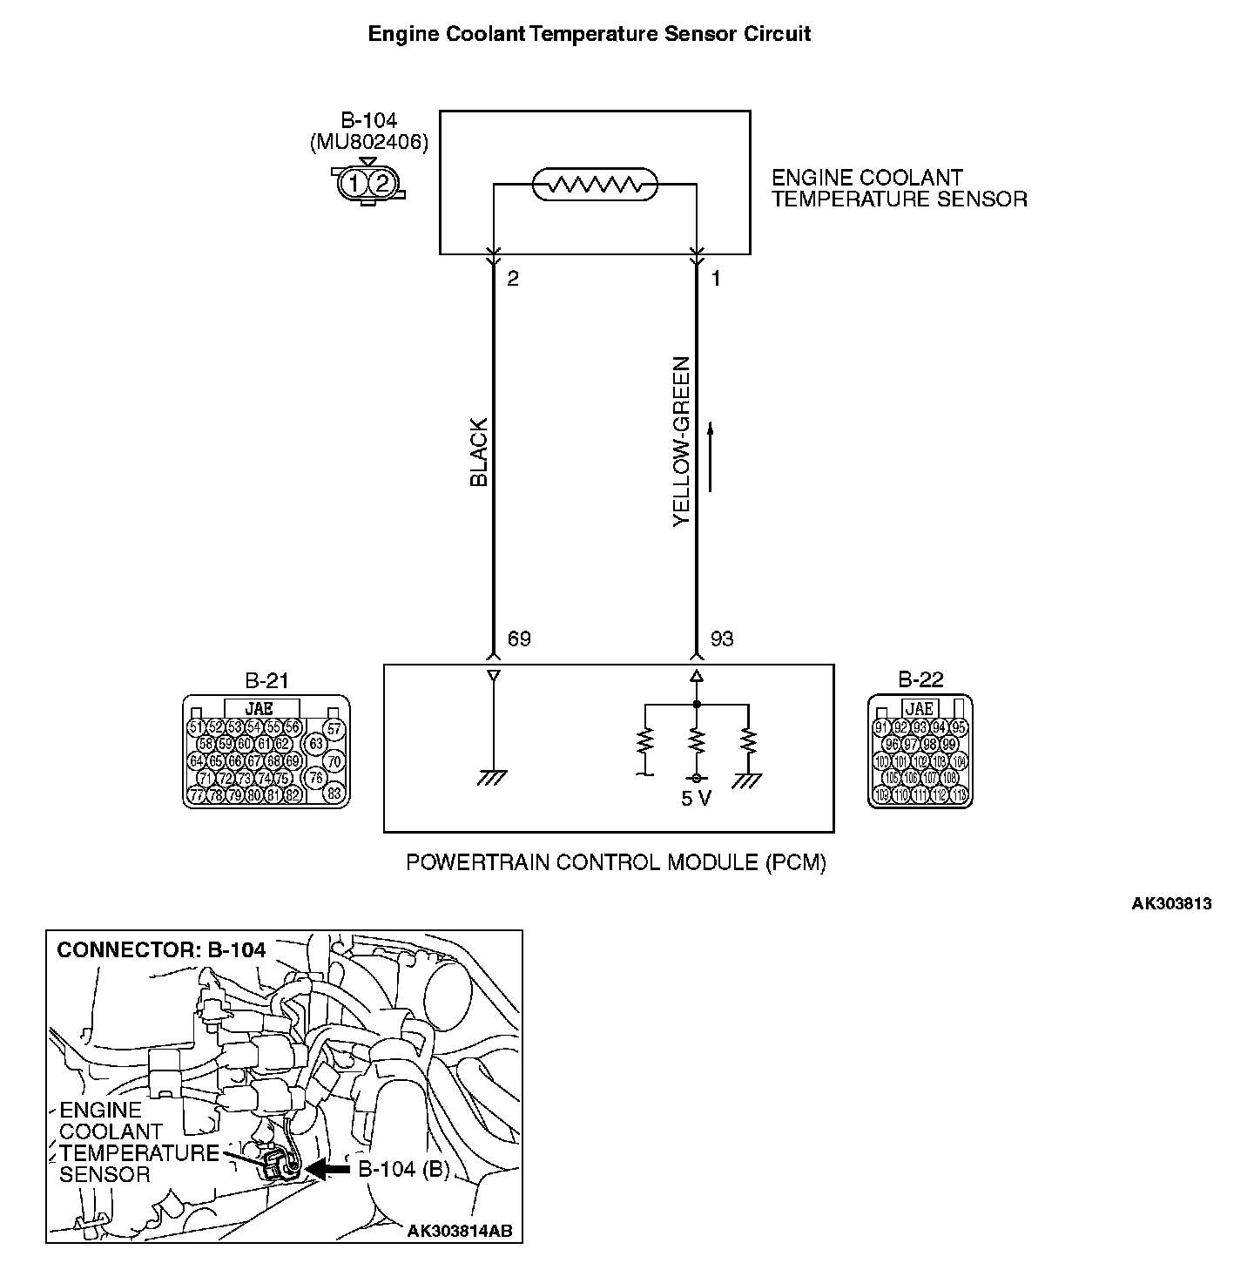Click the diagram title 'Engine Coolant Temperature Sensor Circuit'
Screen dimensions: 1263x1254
pyautogui.click(x=590, y=34)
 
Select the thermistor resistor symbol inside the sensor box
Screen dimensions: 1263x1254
pyautogui.click(x=595, y=185)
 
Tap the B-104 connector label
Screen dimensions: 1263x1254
pyautogui.click(x=369, y=121)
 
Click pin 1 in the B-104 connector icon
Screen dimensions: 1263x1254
pyautogui.click(x=354, y=184)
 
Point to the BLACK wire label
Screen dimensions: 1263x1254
pyautogui.click(x=479, y=453)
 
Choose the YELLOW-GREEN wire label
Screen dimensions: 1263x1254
pyautogui.click(x=681, y=442)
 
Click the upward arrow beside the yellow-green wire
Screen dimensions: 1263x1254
pyautogui.click(x=711, y=456)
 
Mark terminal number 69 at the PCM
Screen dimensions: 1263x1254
pyautogui.click(x=519, y=639)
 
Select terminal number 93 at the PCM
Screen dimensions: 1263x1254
pyautogui.click(x=722, y=639)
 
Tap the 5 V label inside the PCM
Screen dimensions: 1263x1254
pyautogui.click(x=696, y=798)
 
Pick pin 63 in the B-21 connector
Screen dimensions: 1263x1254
pyautogui.click(x=316, y=744)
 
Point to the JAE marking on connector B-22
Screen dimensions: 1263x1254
pyautogui.click(x=920, y=709)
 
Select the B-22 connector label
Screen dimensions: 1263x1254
pyautogui.click(x=920, y=679)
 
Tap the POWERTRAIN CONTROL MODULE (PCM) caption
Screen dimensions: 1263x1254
pyautogui.click(x=616, y=862)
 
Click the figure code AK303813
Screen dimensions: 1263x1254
pyautogui.click(x=1171, y=903)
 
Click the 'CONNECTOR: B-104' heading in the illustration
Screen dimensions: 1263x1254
pyautogui.click(x=161, y=949)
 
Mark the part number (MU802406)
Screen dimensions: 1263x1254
pyautogui.click(x=369, y=143)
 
